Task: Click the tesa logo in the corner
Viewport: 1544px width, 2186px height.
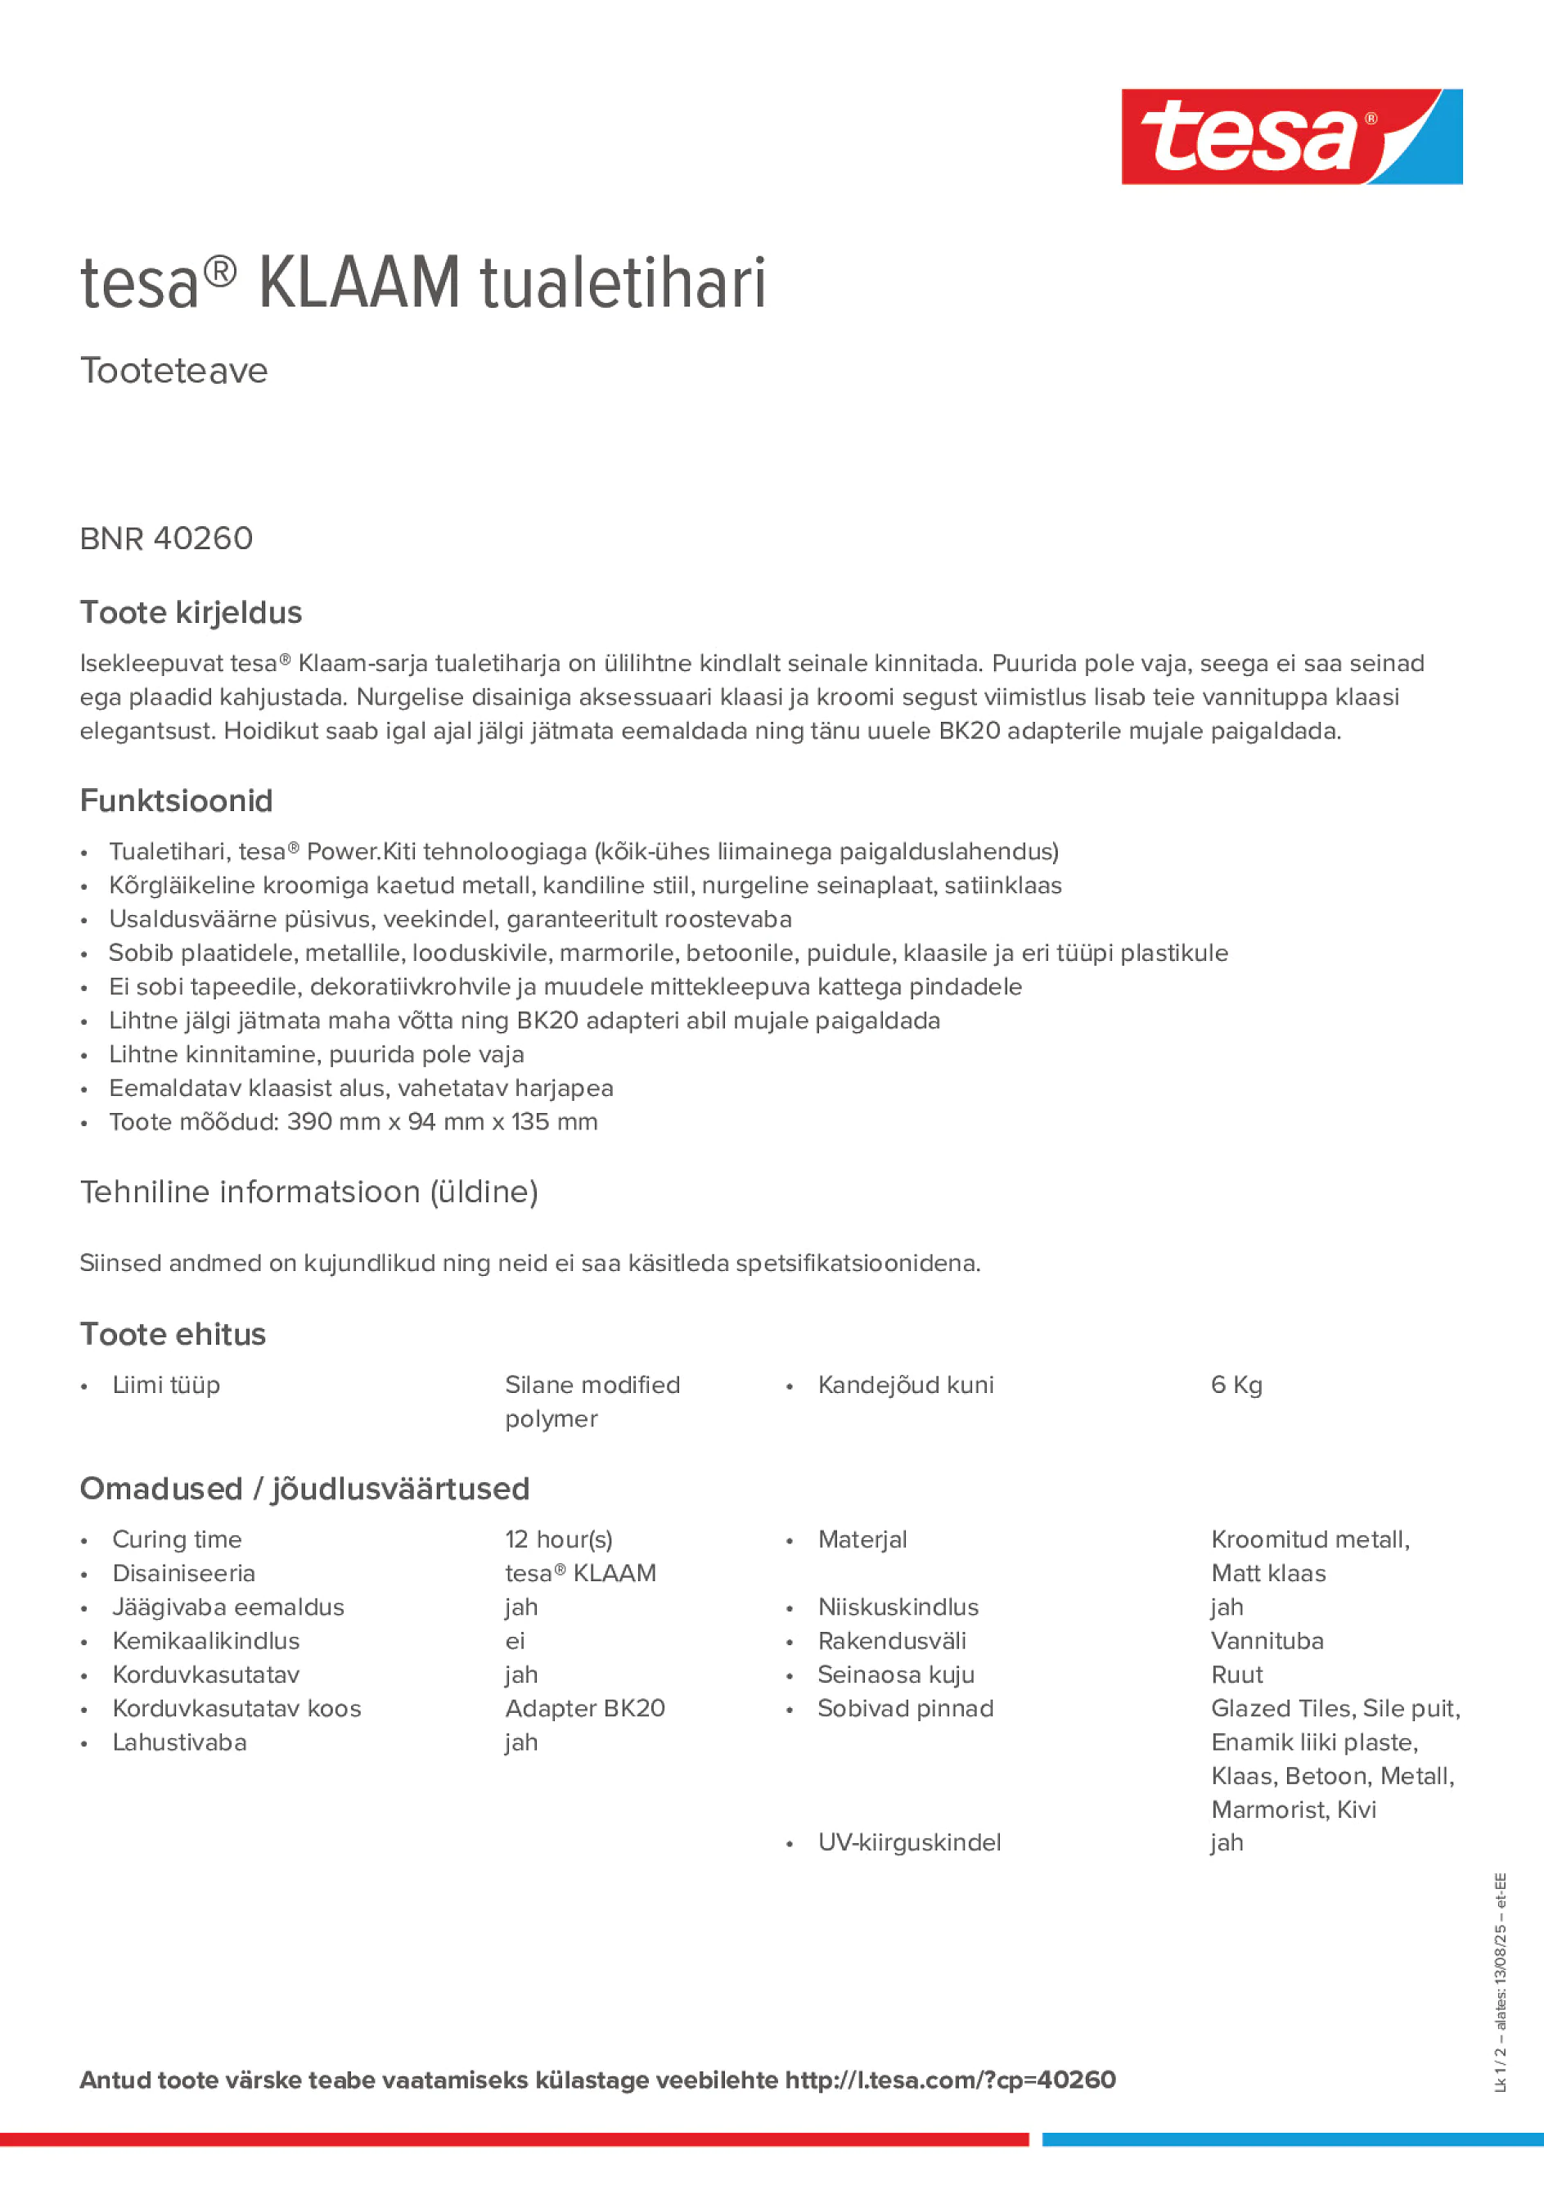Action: pyautogui.click(x=1291, y=136)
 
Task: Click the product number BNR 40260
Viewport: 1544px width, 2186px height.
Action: pyautogui.click(x=167, y=539)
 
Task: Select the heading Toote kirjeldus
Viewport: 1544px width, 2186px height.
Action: pyautogui.click(x=191, y=612)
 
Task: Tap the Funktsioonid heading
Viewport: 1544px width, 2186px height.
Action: pyautogui.click(x=176, y=800)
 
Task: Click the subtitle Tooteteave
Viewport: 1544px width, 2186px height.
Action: pyautogui.click(x=173, y=371)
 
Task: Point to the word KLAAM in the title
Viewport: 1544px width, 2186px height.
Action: pyautogui.click(x=359, y=283)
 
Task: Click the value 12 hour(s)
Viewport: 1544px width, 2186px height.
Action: pyautogui.click(x=558, y=1539)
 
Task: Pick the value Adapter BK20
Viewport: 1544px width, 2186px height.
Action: pyautogui.click(x=584, y=1708)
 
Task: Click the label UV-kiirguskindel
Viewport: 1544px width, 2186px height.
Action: pyautogui.click(x=909, y=1842)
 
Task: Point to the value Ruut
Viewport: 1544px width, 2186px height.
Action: pyautogui.click(x=1236, y=1674)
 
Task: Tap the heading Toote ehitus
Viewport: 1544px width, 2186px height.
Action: pyautogui.click(x=173, y=1334)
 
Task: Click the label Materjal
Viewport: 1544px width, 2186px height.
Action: pyautogui.click(x=862, y=1539)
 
